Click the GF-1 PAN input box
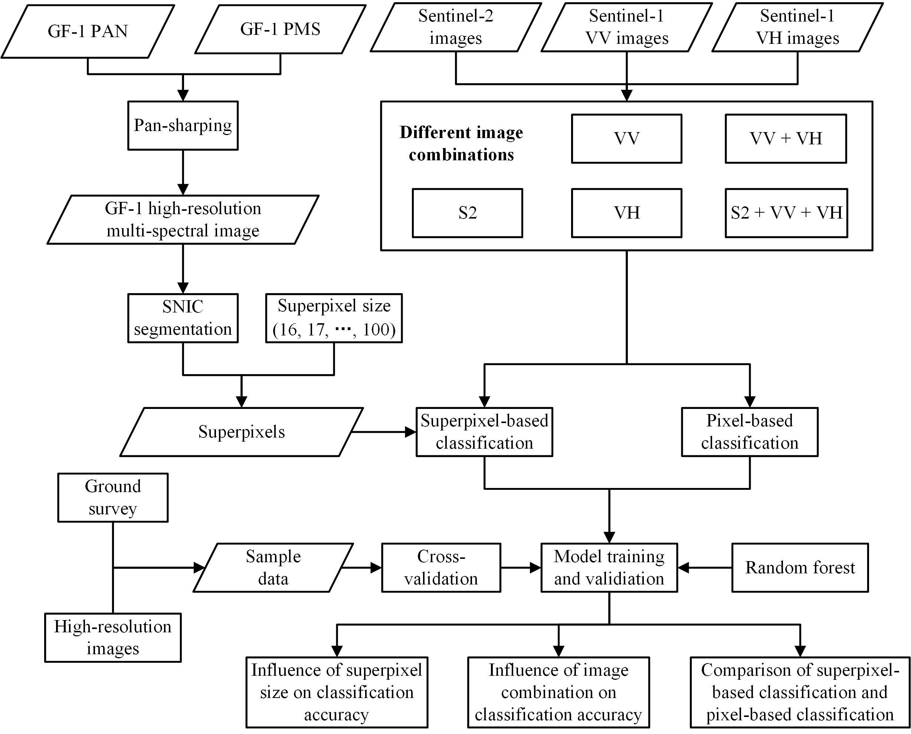click(88, 31)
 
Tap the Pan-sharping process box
click(183, 125)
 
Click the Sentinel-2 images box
click(456, 27)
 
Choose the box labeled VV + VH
click(786, 139)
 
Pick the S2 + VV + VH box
click(786, 213)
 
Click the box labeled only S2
click(467, 213)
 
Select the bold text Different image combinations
click(461, 144)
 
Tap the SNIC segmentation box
click(183, 318)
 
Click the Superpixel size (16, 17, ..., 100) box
click(334, 318)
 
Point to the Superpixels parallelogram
click(241, 432)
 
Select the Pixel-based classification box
click(750, 432)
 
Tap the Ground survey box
click(113, 498)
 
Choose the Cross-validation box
click(441, 568)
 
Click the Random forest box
click(800, 568)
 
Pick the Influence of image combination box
click(558, 692)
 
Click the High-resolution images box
click(113, 638)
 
